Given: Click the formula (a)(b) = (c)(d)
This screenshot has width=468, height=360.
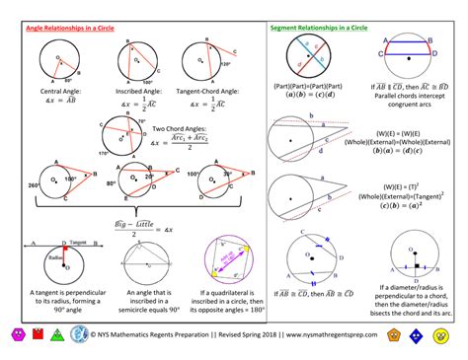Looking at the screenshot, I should click(308, 96).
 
